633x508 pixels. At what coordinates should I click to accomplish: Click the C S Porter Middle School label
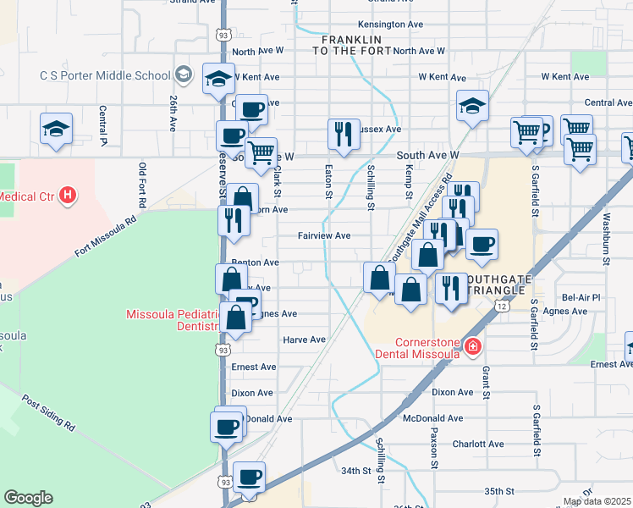pos(105,75)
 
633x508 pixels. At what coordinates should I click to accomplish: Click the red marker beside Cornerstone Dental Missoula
pos(472,346)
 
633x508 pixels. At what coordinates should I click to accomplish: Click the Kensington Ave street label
pos(390,25)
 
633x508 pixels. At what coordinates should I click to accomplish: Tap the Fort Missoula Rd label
pos(105,238)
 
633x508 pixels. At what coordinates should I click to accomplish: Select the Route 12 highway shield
pos(503,306)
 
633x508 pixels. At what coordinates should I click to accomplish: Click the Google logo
pos(28,498)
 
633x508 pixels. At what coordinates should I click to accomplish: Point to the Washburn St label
pos(606,242)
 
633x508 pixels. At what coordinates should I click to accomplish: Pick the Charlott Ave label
pos(478,444)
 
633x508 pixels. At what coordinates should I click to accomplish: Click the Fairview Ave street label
pos(323,236)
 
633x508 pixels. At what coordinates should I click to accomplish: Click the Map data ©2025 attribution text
pos(596,501)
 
